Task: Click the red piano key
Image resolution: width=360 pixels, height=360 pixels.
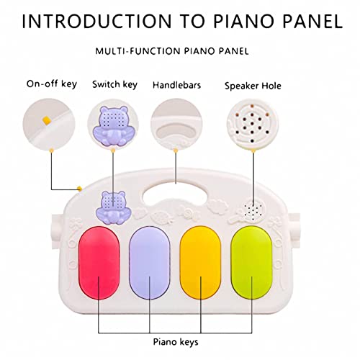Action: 99,263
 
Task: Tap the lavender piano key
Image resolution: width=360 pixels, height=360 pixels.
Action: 150,263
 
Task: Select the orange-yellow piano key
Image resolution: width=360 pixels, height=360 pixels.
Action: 200,263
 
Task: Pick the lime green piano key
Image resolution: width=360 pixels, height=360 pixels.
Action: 252,263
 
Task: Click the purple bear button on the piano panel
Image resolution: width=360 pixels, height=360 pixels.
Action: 113,207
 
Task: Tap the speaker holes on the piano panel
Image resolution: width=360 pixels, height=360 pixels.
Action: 253,211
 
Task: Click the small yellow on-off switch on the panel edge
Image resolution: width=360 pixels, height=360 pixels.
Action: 79,189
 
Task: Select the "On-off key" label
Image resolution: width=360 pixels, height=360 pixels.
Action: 52,84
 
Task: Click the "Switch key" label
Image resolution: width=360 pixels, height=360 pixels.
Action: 114,84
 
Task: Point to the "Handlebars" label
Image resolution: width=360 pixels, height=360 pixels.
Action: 176,85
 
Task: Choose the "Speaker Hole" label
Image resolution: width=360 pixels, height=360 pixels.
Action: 253,86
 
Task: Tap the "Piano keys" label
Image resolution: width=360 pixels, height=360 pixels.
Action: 176,342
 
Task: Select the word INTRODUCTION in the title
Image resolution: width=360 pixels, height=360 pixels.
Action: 96,22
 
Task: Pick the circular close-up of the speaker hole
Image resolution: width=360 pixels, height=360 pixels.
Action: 253,125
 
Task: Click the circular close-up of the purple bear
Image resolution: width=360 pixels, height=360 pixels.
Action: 113,125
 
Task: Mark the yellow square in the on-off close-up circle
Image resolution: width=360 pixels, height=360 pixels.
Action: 47,120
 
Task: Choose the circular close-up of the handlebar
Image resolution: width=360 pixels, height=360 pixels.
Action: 176,125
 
